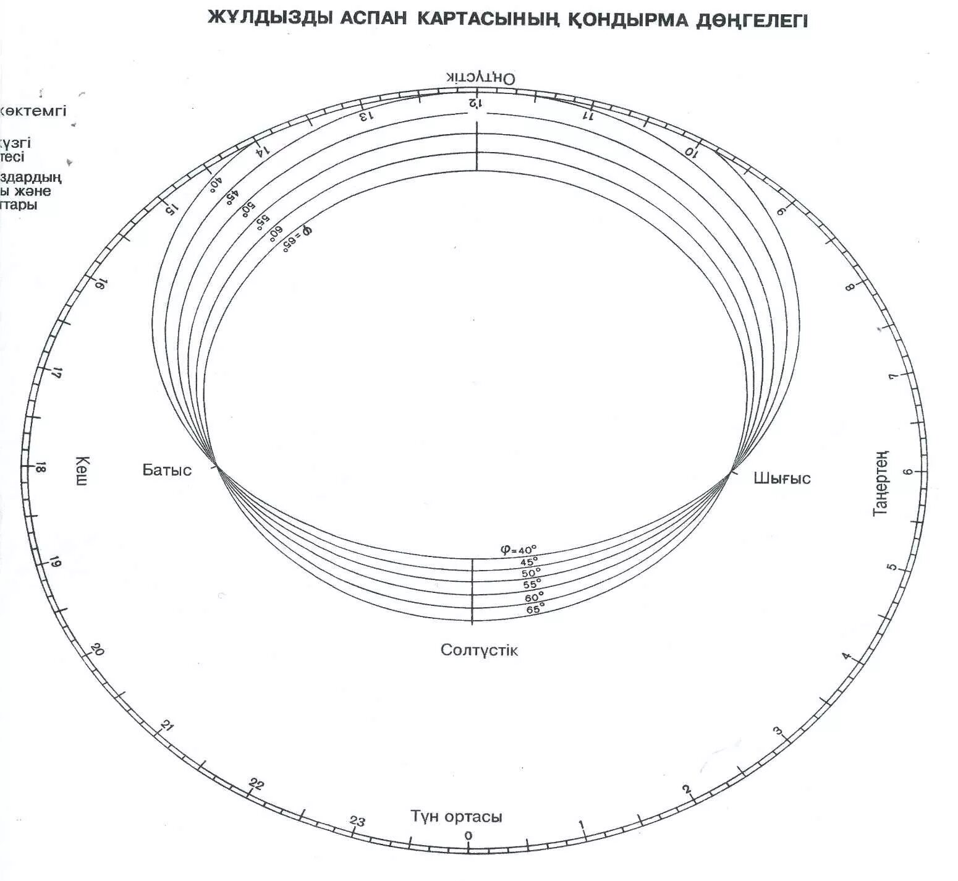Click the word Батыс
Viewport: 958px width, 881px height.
(x=167, y=470)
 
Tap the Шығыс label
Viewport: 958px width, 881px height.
(x=782, y=478)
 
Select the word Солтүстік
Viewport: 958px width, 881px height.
(x=479, y=650)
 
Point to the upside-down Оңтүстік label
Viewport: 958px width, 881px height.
(x=481, y=78)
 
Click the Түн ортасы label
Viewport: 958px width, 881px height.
(x=456, y=816)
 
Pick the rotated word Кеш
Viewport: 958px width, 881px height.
(x=82, y=470)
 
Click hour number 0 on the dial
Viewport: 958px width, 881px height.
(x=468, y=836)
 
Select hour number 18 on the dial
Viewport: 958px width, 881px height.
(x=41, y=468)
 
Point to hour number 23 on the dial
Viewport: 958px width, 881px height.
(x=357, y=822)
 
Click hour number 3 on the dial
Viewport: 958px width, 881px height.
(x=778, y=733)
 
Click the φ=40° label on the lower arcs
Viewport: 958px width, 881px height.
(x=519, y=549)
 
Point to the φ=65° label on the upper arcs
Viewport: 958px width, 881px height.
(x=297, y=239)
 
